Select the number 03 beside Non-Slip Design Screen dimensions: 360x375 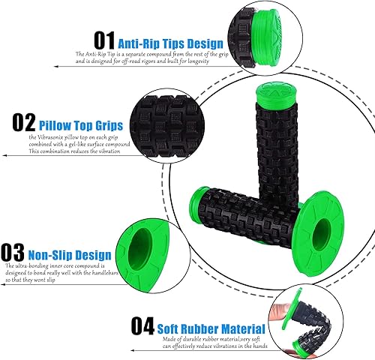(x=15, y=250)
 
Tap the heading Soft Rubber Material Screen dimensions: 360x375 (x=211, y=328)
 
